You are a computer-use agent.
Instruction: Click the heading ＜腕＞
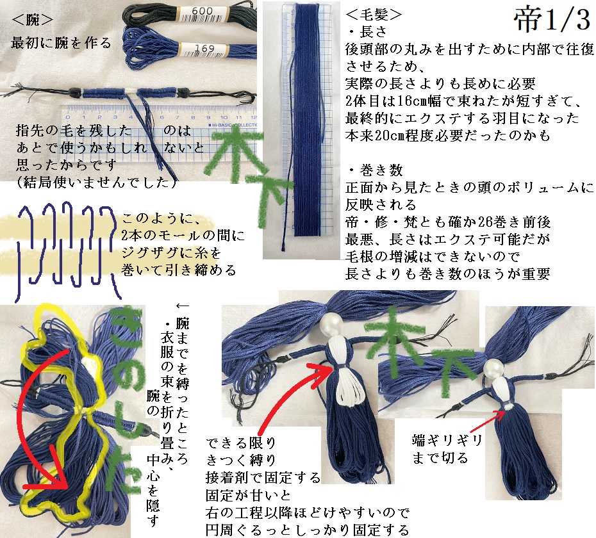click(32, 20)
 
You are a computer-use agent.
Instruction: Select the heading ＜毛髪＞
click(374, 15)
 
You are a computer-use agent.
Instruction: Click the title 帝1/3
click(552, 20)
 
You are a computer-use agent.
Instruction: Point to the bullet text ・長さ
click(367, 32)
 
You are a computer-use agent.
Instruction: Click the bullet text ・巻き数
click(375, 170)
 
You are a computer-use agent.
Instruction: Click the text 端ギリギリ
click(447, 441)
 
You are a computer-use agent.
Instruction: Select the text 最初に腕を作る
click(61, 43)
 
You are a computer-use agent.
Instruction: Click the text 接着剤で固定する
click(263, 477)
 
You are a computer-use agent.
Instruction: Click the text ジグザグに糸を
click(171, 253)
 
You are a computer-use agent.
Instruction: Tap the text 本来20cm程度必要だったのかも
click(448, 136)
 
